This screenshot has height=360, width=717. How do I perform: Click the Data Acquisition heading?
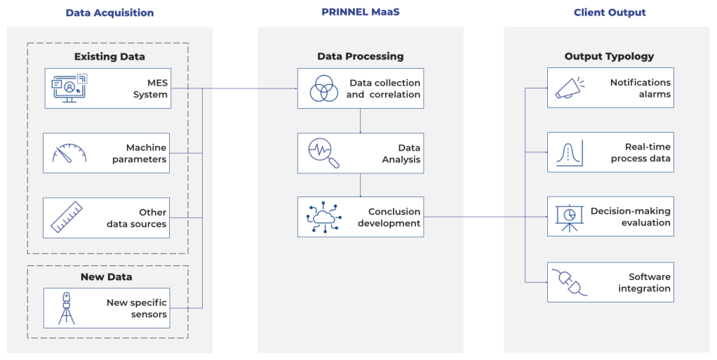click(109, 13)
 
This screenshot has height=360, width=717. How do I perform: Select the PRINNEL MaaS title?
click(360, 13)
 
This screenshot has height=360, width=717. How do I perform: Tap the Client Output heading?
click(610, 13)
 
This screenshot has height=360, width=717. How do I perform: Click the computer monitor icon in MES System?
click(68, 88)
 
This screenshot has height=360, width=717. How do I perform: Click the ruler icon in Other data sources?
click(68, 218)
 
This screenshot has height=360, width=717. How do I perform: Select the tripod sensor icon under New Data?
click(67, 308)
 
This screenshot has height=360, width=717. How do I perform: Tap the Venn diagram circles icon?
click(323, 88)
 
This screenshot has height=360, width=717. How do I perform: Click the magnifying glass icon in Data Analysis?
click(323, 153)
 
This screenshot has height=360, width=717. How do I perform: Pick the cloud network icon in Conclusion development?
click(323, 218)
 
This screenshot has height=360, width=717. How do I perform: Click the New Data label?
click(107, 277)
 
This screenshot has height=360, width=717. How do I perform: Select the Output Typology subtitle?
click(609, 56)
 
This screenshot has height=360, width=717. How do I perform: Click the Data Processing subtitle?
click(360, 56)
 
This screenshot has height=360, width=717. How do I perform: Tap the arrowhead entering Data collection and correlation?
click(295, 88)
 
